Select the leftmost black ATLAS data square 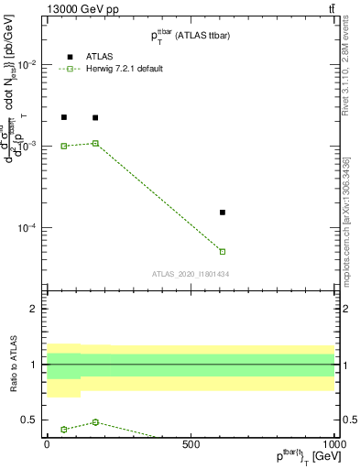pos(64,117)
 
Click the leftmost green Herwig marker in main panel pos(64,146)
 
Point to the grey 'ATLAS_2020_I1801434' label pos(190,274)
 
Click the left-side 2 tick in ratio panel pos(33,309)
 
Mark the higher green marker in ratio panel pos(95,422)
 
